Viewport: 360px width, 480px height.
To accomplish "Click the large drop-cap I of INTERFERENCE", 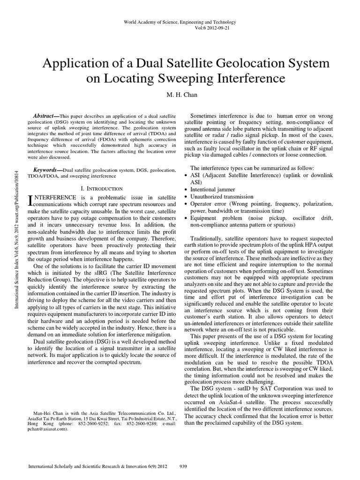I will pos(31,200).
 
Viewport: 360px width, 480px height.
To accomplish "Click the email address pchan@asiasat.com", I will pos(47,428).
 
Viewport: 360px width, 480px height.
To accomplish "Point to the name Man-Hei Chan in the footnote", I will pos(50,413).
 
